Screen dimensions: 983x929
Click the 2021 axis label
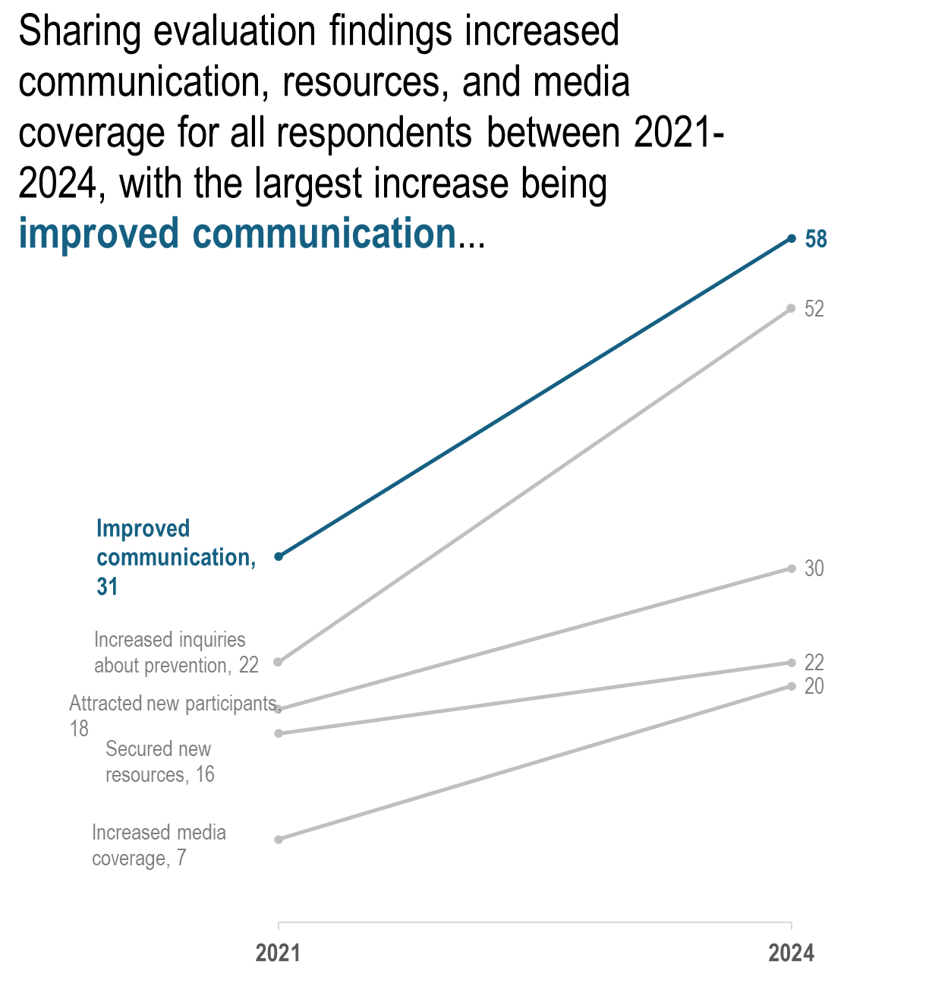(278, 953)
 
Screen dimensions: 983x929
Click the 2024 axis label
(791, 953)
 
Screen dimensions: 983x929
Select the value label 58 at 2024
(816, 239)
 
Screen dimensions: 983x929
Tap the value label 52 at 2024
(814, 309)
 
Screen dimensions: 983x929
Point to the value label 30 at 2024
(814, 569)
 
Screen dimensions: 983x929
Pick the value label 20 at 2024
(814, 686)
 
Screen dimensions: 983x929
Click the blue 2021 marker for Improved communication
(279, 556)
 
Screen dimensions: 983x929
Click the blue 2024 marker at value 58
(792, 238)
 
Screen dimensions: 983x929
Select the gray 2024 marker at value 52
(792, 308)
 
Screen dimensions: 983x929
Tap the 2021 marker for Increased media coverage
(279, 840)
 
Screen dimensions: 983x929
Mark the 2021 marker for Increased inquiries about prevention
(278, 662)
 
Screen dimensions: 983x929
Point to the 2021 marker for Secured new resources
(279, 733)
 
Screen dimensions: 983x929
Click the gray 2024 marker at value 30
(792, 569)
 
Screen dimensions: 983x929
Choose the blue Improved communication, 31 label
(175, 557)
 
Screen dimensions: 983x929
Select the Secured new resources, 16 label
(159, 761)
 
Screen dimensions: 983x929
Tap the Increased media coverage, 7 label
(159, 845)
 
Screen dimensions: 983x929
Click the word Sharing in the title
(79, 32)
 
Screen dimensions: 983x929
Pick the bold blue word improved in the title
(99, 233)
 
